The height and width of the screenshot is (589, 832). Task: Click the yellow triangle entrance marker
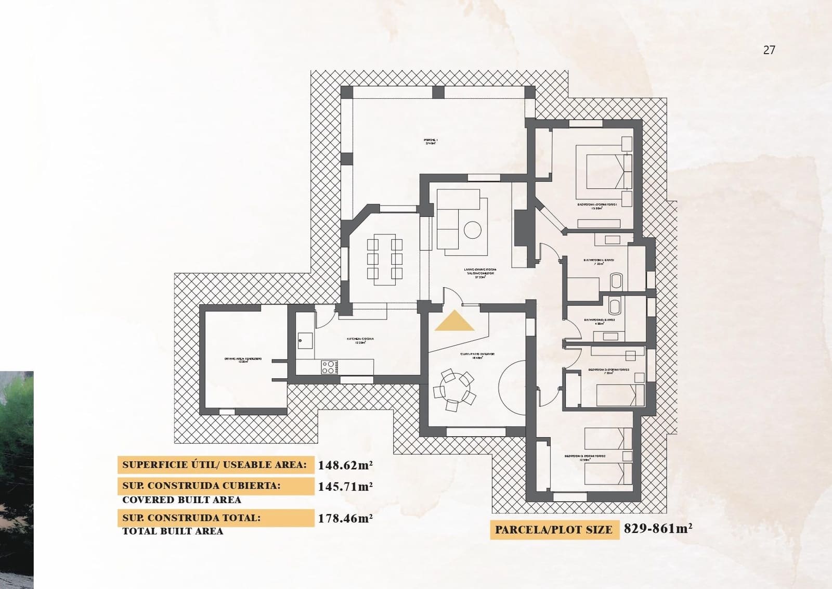point(454,322)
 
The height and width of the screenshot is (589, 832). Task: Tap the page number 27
point(769,50)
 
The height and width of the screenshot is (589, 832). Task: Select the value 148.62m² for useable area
point(345,465)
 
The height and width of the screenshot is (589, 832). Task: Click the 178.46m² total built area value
point(345,518)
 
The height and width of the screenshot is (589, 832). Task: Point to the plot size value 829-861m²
point(658,529)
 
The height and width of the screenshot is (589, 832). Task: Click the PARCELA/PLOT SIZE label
point(554,530)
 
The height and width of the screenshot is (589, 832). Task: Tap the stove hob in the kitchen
point(329,367)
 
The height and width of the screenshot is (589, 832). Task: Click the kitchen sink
point(304,341)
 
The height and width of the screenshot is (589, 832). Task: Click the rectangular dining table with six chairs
point(385,259)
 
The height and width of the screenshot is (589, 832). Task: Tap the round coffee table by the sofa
point(473,229)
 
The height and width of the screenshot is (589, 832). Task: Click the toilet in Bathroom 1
point(616,280)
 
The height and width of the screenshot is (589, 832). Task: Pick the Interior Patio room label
point(477,355)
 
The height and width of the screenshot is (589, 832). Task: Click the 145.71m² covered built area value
point(345,487)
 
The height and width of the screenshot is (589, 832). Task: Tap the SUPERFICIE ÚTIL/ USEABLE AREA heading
point(214,465)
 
